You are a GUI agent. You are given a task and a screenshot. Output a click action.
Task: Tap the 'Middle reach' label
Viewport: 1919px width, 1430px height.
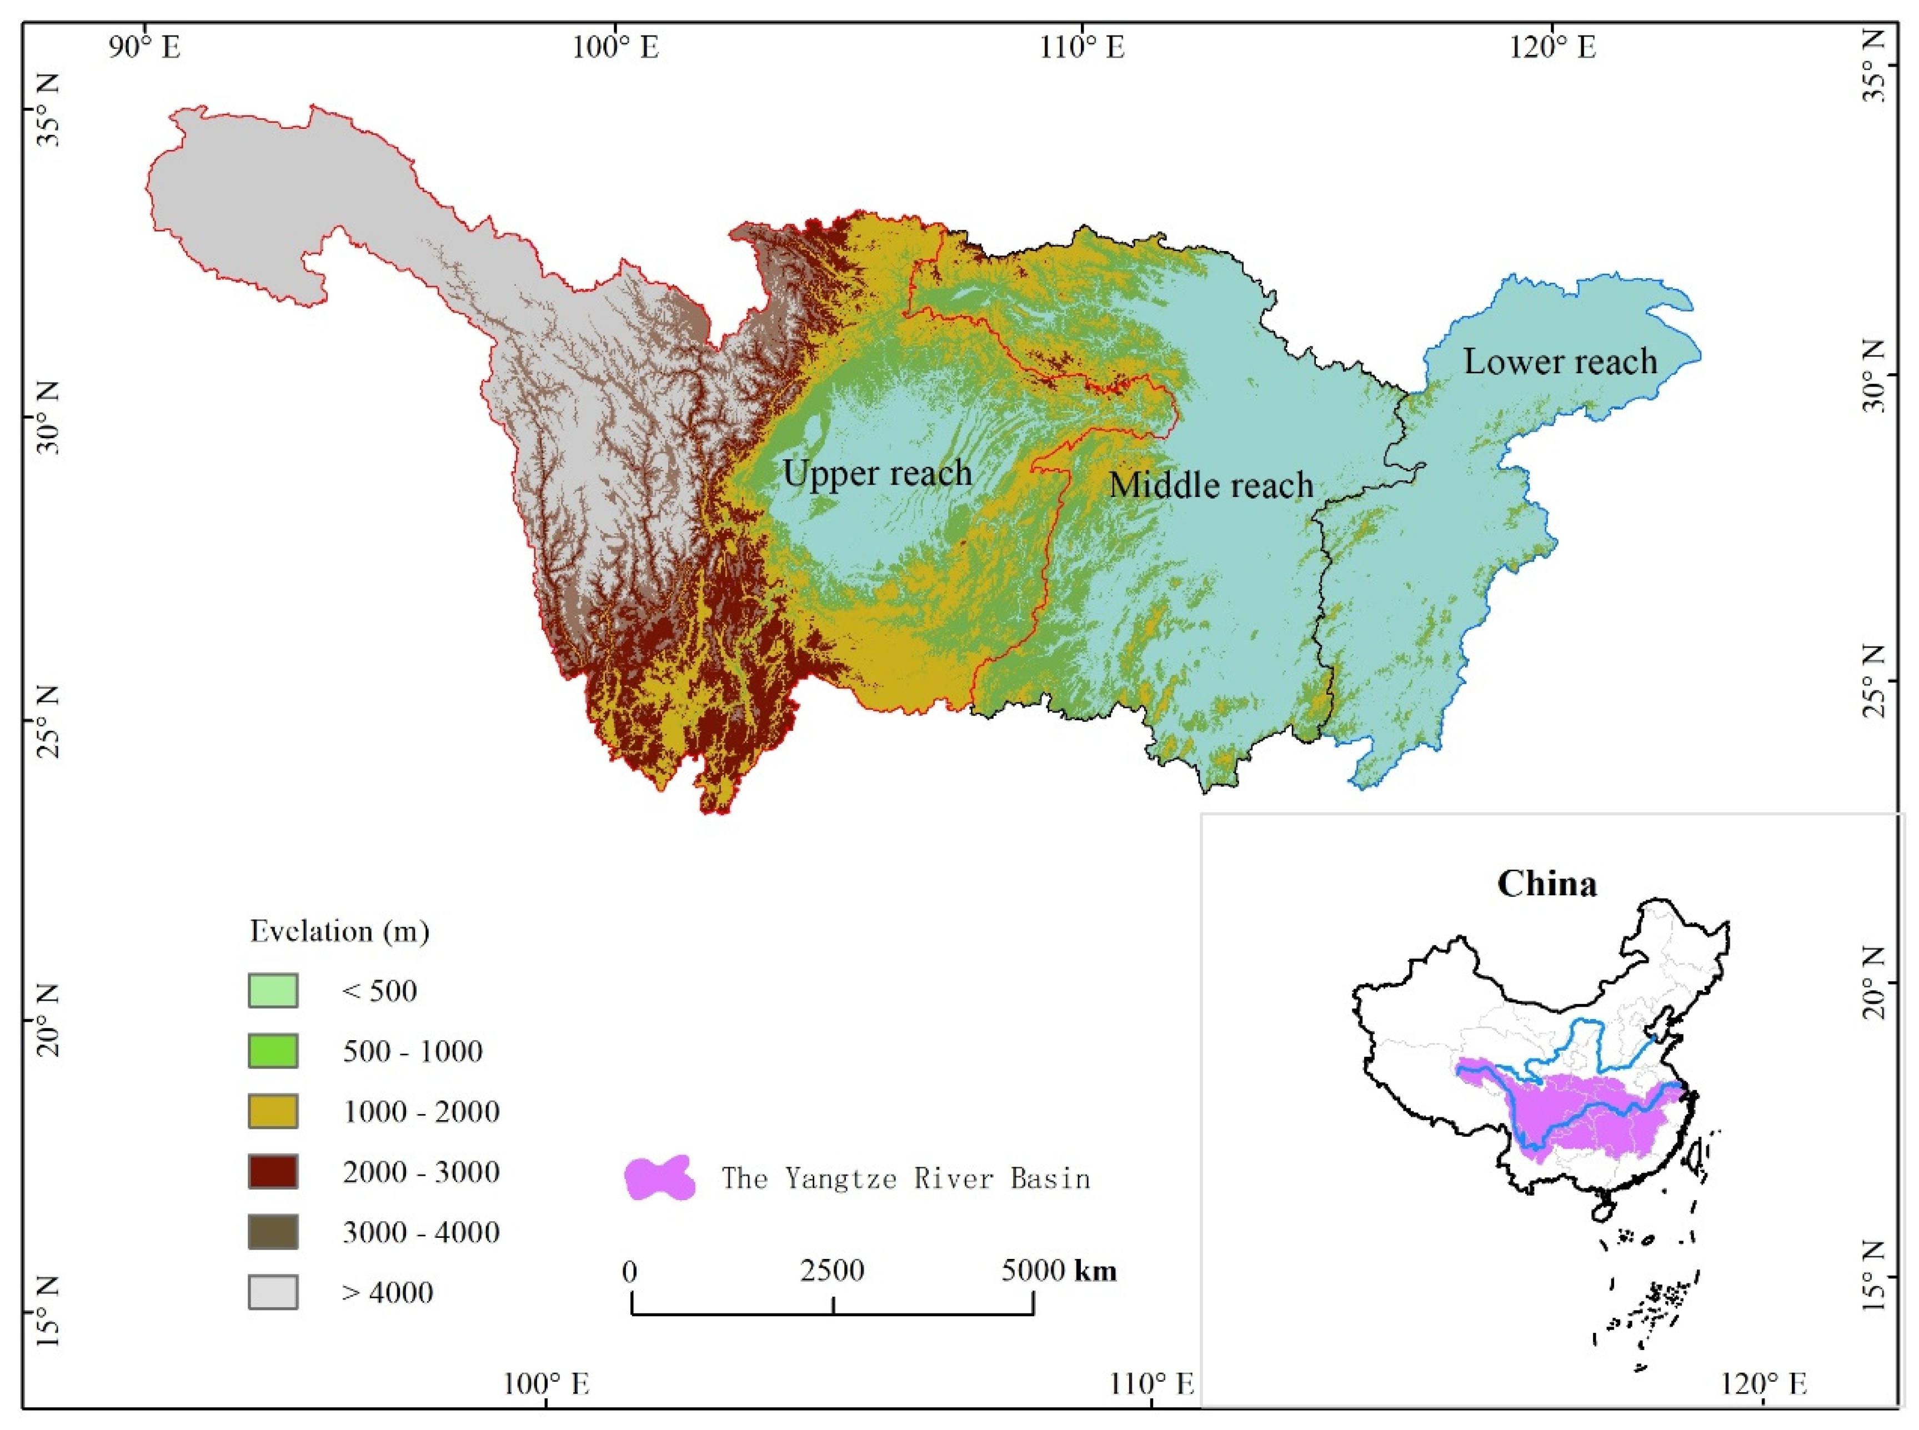(1210, 485)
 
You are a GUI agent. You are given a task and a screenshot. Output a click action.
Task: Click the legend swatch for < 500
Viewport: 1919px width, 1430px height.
(273, 990)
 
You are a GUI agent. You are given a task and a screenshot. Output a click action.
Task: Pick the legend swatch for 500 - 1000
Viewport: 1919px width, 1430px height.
(273, 1051)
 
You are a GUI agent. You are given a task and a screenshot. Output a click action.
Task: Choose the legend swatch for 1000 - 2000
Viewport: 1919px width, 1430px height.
(273, 1111)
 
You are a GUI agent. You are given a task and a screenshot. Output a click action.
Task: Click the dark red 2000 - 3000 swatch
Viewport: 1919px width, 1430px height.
(273, 1171)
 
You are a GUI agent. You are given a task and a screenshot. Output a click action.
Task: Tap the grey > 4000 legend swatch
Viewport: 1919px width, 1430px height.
(273, 1292)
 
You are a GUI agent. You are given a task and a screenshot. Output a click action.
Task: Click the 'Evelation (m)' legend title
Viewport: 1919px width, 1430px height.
(339, 931)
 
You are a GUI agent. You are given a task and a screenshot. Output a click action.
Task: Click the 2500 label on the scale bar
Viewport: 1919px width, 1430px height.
(832, 1271)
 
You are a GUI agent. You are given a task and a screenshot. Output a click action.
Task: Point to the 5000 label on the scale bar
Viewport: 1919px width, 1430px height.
(1033, 1271)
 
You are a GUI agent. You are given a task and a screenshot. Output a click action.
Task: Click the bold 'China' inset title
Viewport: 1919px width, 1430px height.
(1547, 884)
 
